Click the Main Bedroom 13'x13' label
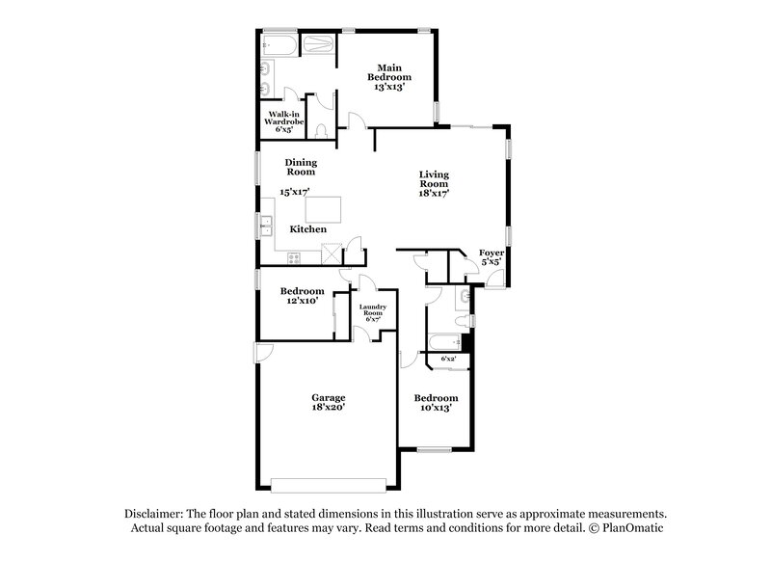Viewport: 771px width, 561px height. click(393, 76)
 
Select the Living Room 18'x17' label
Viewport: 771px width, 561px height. click(434, 184)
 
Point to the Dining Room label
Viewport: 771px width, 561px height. click(301, 168)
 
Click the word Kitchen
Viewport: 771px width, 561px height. click(308, 229)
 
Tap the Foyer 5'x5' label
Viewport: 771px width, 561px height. click(492, 256)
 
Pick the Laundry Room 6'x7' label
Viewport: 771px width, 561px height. click(372, 313)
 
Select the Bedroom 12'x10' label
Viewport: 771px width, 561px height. click(302, 296)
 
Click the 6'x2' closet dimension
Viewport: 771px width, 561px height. click(448, 359)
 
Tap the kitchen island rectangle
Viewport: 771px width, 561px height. click(325, 207)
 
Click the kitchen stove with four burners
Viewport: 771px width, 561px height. click(293, 257)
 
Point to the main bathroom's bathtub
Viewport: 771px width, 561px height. click(279, 45)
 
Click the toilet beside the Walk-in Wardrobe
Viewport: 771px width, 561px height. click(324, 126)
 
